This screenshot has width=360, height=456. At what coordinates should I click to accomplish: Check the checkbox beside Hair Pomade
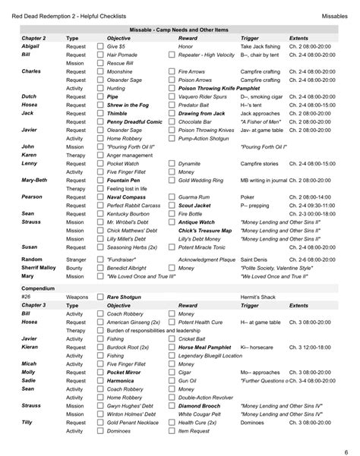coord(99,55)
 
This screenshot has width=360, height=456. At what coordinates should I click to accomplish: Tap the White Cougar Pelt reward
coord(204,415)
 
